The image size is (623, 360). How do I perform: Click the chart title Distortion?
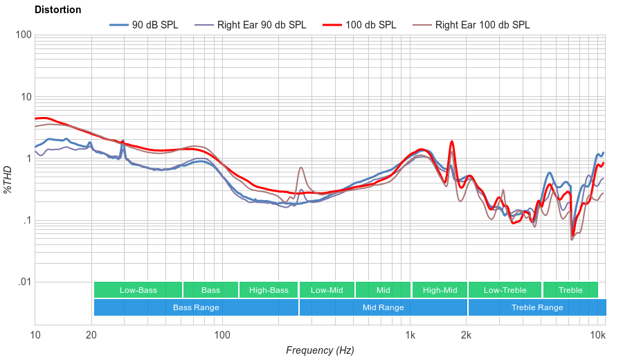coord(57,10)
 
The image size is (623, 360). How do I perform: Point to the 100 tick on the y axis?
coord(24,35)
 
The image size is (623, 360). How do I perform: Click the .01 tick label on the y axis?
coord(24,282)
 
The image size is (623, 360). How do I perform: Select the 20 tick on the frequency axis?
coord(91,336)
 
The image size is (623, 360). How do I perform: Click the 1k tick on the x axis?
coord(410,336)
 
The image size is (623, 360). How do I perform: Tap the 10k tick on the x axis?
coord(597,336)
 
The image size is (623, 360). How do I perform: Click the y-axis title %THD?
coord(8,179)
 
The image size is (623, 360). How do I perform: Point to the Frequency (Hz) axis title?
coord(320,350)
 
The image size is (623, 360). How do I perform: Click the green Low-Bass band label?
coord(138,290)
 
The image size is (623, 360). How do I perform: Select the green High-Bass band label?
coord(269,290)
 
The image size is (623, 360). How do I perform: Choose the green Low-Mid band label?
coord(327,290)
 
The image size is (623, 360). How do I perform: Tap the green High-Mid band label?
coord(440,290)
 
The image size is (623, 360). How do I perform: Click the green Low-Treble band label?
coord(505,290)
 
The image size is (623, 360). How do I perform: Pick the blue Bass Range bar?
coord(196,307)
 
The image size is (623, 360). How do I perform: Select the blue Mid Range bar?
coord(383,307)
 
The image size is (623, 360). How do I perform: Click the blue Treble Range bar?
coord(536,307)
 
